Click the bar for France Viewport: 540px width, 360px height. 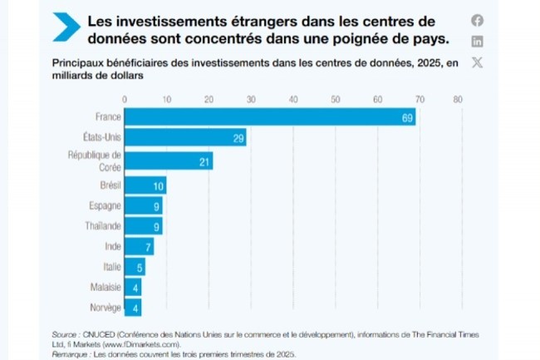click(x=270, y=118)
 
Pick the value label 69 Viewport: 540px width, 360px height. click(x=407, y=118)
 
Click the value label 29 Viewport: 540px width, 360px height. click(x=238, y=138)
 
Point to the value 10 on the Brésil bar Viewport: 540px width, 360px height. click(x=160, y=185)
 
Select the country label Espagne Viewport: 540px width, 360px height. click(x=106, y=205)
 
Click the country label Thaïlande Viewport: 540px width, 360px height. click(x=103, y=226)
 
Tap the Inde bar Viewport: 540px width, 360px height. click(x=139, y=246)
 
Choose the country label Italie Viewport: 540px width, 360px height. click(x=112, y=267)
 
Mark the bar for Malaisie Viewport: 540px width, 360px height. click(x=133, y=287)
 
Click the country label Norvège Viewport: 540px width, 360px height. click(x=106, y=308)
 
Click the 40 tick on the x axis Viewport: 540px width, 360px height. click(x=293, y=99)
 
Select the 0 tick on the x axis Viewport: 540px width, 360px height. click(x=125, y=99)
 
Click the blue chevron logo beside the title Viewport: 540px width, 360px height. click(x=66, y=27)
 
